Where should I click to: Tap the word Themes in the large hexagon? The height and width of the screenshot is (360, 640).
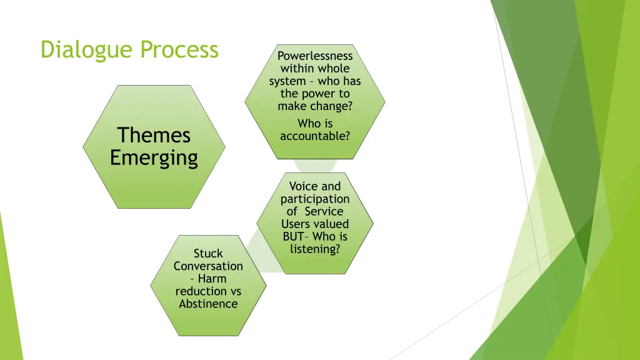tap(154, 135)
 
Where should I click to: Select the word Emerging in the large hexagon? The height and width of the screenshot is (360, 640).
tap(154, 157)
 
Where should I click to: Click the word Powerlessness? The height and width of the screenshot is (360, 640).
tap(315, 56)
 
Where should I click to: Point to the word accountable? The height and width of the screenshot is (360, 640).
tap(315, 136)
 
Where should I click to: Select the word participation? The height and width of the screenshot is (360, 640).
tap(315, 199)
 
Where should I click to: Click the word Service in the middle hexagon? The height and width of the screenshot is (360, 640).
tap(324, 211)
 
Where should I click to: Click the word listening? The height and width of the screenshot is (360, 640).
tap(315, 249)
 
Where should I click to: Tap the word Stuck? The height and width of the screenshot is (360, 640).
tap(208, 254)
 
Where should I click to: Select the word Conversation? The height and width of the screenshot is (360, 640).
tap(208, 266)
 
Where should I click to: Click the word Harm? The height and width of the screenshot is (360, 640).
tap(212, 279)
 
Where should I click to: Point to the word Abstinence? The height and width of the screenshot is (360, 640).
tap(208, 304)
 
